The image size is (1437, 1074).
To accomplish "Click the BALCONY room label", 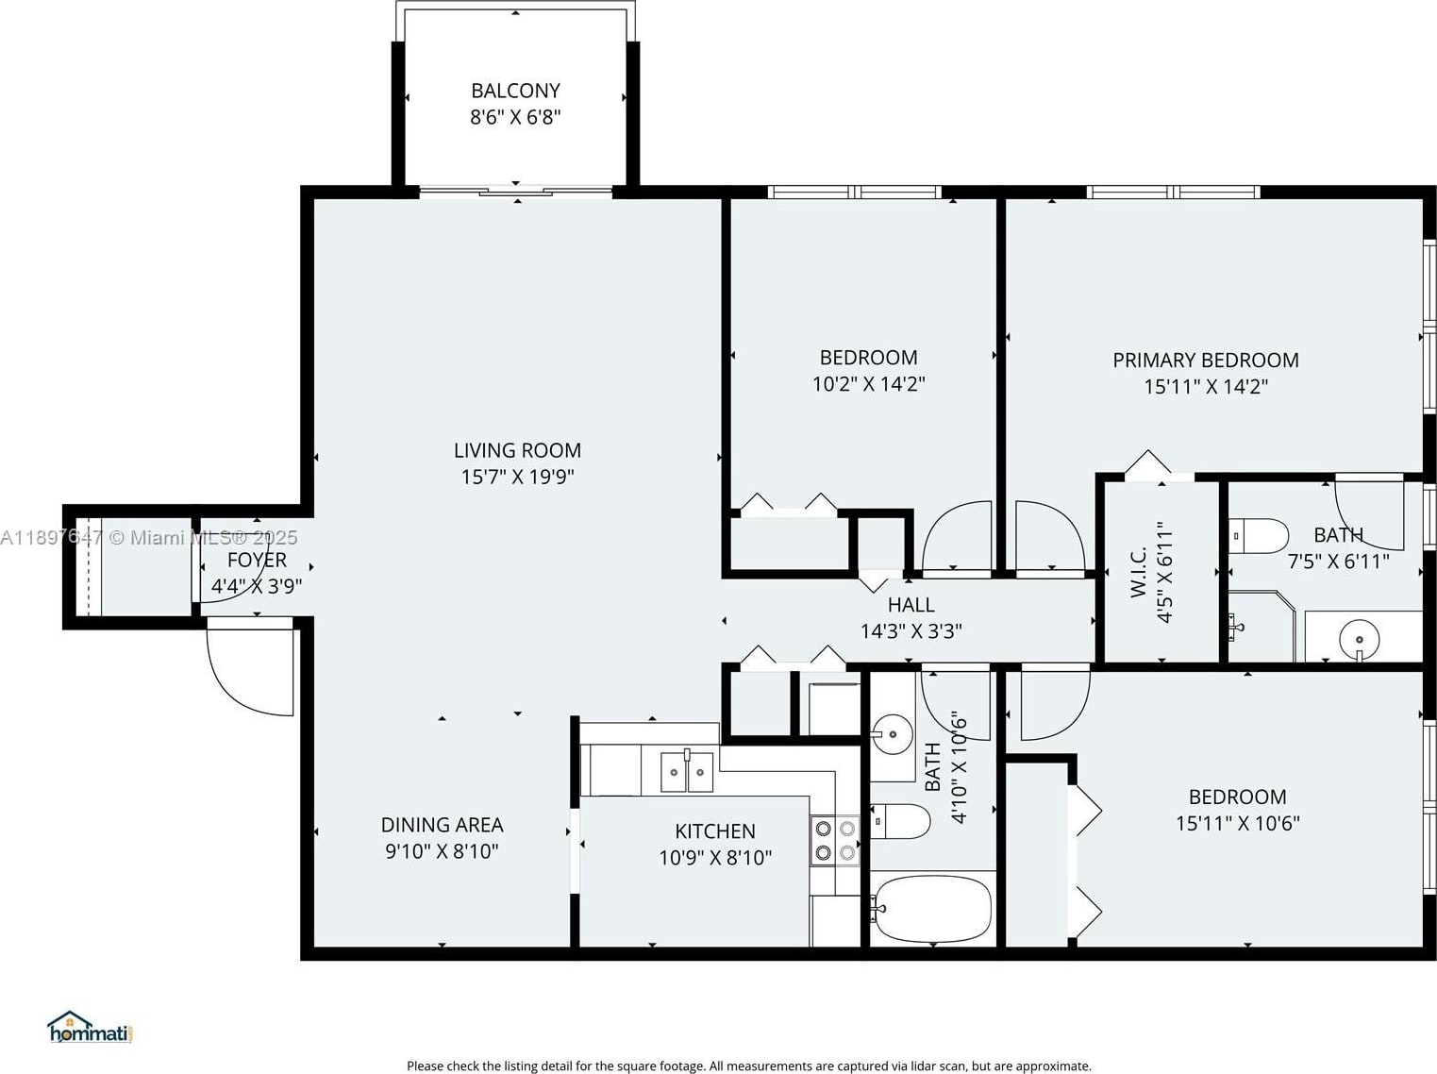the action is [515, 91].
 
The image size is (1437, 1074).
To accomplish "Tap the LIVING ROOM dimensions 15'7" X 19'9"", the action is [517, 477].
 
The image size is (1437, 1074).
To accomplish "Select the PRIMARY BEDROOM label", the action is [1206, 361].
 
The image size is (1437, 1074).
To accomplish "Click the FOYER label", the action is [257, 560].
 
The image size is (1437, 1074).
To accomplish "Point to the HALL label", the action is [911, 604].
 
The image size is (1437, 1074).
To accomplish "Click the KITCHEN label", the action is [715, 831].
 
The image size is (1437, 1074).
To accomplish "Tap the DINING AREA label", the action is [442, 825].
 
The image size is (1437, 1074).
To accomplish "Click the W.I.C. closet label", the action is [1139, 572].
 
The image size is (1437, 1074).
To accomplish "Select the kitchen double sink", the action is [686, 771].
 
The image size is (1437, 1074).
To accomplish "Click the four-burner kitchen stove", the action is [835, 841].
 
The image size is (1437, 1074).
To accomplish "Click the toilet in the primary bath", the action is [1259, 536].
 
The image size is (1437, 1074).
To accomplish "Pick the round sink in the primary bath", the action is [1359, 639].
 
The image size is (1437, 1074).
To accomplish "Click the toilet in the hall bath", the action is [900, 821].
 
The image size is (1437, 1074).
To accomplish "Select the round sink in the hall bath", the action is [892, 735].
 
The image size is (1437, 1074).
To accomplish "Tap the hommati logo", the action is [90, 1027].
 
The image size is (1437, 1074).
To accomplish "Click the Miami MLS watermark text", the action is [149, 538].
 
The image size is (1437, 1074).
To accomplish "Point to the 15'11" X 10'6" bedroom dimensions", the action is [1237, 823].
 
